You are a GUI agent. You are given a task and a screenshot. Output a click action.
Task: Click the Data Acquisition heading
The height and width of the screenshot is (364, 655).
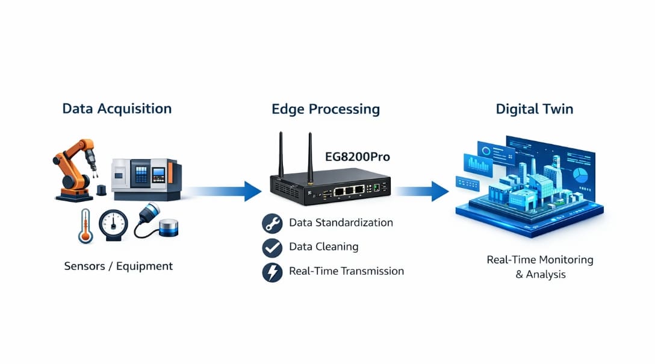tap(117, 108)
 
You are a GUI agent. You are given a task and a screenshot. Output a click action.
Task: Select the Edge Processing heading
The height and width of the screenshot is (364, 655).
tap(326, 109)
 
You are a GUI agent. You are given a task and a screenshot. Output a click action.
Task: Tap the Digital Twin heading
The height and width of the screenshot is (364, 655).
tap(534, 109)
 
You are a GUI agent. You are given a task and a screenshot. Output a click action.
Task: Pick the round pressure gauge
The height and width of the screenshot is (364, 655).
tap(113, 225)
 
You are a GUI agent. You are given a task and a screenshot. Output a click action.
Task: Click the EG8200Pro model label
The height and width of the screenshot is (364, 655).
tap(358, 157)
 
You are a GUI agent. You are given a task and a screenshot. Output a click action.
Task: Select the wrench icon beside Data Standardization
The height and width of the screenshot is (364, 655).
tap(272, 224)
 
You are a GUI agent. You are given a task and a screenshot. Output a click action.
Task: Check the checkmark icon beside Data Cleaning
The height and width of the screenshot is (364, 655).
tap(272, 248)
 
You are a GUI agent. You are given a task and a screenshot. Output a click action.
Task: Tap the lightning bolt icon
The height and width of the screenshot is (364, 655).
tap(272, 272)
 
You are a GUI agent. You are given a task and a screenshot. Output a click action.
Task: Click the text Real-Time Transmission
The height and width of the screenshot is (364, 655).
tap(346, 271)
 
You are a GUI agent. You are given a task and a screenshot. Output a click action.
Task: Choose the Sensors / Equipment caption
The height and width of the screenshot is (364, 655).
tap(118, 266)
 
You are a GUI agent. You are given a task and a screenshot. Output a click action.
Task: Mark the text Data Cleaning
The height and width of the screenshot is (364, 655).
tap(323, 246)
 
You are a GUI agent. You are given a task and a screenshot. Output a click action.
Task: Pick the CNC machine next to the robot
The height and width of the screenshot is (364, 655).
tap(144, 178)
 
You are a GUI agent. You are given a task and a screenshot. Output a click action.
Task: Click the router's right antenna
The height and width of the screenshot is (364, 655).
tap(310, 155)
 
